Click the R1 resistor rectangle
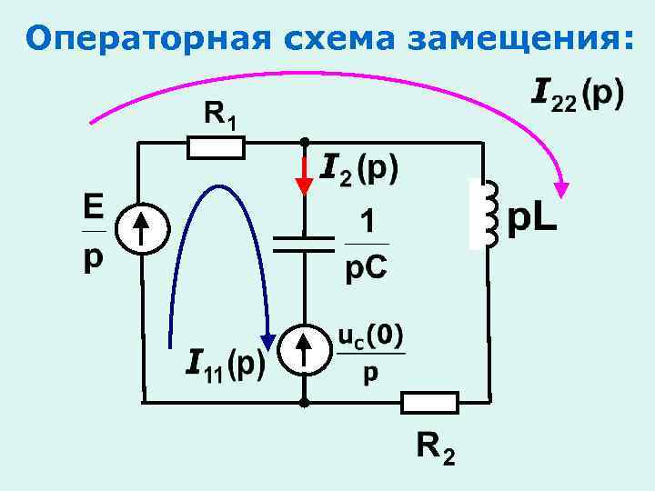[x=216, y=146]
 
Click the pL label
[x=532, y=218]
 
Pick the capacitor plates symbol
[x=304, y=241]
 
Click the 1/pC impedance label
[x=368, y=245]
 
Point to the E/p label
[x=94, y=231]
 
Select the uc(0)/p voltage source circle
[x=304, y=351]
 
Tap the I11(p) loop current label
[x=225, y=363]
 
